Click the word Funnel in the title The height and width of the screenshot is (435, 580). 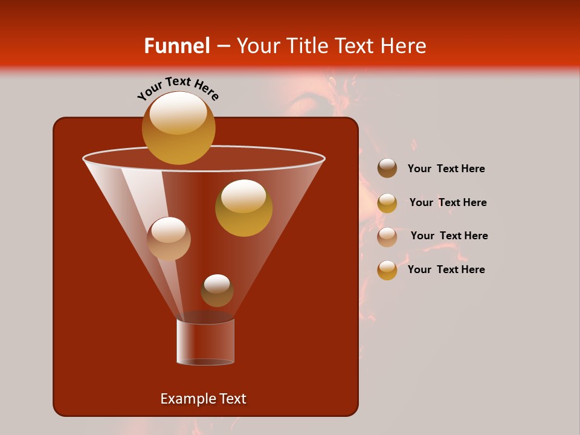click(176, 46)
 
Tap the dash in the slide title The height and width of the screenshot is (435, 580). click(223, 46)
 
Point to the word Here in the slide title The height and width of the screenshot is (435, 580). click(404, 46)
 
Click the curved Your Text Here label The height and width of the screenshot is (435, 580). click(178, 88)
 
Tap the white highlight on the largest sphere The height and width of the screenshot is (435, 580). click(178, 113)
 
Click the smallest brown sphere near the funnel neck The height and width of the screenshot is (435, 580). click(217, 291)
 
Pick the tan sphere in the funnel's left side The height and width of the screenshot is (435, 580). click(169, 239)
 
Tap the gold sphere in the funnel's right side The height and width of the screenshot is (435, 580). click(243, 208)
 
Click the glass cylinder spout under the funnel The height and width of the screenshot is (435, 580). click(205, 341)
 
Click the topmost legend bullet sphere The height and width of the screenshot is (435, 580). click(387, 169)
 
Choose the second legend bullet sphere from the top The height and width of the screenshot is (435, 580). click(387, 203)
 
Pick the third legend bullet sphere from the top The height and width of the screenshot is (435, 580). click(387, 236)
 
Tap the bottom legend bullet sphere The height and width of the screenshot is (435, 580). click(387, 270)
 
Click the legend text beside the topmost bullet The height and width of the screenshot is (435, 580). click(446, 169)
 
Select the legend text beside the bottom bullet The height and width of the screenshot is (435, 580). click(446, 269)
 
